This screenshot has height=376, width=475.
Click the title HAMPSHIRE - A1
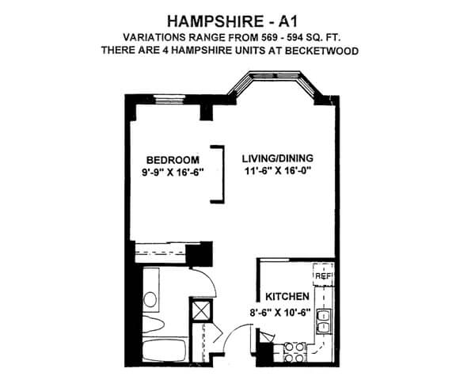pyautogui.click(x=233, y=21)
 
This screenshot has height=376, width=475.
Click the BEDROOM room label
pyautogui.click(x=173, y=160)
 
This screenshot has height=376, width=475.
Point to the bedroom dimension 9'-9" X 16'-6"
pyautogui.click(x=172, y=173)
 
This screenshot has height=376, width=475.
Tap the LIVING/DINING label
pyautogui.click(x=278, y=158)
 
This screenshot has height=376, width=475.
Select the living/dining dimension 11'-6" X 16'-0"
pyautogui.click(x=278, y=170)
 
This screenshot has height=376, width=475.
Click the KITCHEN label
pyautogui.click(x=287, y=296)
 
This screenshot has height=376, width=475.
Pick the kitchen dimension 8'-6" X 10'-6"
pyautogui.click(x=280, y=313)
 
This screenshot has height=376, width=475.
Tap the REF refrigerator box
pyautogui.click(x=324, y=275)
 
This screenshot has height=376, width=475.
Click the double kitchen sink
pyautogui.click(x=324, y=321)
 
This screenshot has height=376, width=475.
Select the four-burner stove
pyautogui.click(x=294, y=352)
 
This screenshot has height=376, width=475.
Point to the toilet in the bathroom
pyautogui.click(x=153, y=325)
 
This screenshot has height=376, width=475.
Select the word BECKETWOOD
pyautogui.click(x=321, y=51)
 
